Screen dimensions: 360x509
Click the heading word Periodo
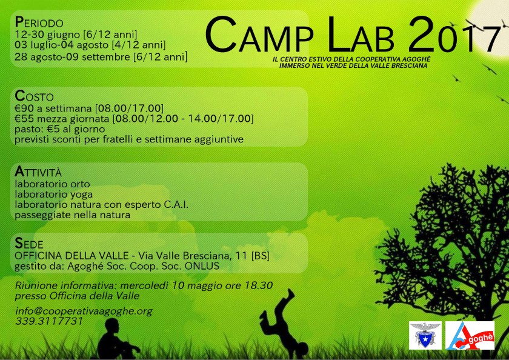coord(39,22)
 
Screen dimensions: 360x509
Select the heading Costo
coord(35,96)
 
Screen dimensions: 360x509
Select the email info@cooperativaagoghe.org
coord(84,311)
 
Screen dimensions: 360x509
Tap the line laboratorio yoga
coord(55,195)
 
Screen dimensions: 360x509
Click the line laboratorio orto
coord(53,184)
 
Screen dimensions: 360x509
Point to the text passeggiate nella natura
coord(73,215)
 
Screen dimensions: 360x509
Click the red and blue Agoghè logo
coord(470,335)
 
